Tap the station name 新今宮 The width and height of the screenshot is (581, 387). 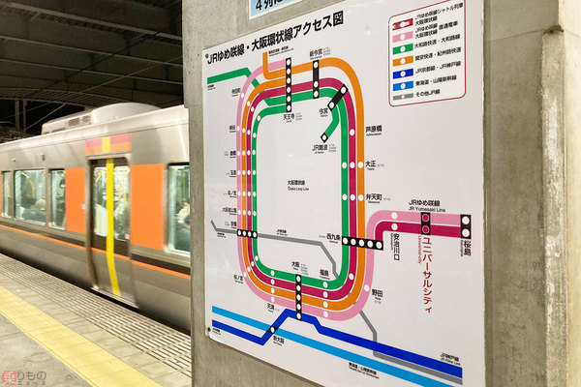(316, 54)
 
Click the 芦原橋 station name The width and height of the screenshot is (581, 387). (374, 127)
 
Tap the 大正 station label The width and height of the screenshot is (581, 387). (371, 164)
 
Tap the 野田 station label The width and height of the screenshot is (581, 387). (377, 290)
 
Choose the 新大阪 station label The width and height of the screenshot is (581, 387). (278, 341)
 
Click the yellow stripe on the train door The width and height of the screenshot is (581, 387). (109, 227)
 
